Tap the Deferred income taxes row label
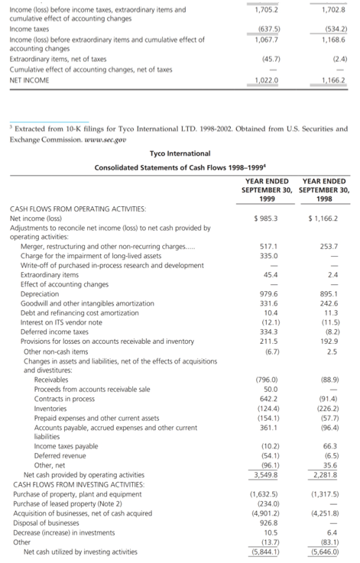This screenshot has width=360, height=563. coord(50,332)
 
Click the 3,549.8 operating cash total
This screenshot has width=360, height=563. coord(264,474)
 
